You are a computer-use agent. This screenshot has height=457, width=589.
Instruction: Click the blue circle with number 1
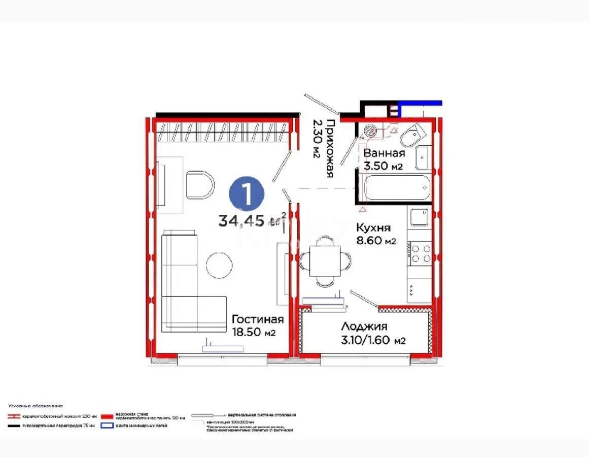[247, 194]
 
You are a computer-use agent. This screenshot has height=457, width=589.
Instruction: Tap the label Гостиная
[257, 319]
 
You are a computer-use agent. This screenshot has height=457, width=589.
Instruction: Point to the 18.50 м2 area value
[254, 333]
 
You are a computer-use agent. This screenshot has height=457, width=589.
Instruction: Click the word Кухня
[373, 227]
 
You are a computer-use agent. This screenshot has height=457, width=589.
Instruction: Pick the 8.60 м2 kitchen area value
[376, 241]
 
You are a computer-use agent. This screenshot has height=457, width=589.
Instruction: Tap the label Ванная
[384, 153]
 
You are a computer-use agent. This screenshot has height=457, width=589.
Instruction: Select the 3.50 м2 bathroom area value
[384, 166]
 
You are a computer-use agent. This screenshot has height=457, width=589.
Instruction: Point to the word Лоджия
[364, 327]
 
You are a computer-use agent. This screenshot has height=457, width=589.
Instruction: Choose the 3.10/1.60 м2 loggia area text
[373, 340]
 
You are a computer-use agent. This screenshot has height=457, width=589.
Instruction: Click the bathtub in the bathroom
[397, 188]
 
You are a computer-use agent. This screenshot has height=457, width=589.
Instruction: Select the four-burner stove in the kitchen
[421, 253]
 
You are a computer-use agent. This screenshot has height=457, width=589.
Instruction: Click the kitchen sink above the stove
[420, 217]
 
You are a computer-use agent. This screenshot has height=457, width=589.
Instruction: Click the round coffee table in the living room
[219, 264]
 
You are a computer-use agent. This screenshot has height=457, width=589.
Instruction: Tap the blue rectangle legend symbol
[107, 426]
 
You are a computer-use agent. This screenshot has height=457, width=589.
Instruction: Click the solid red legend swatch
[107, 415]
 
